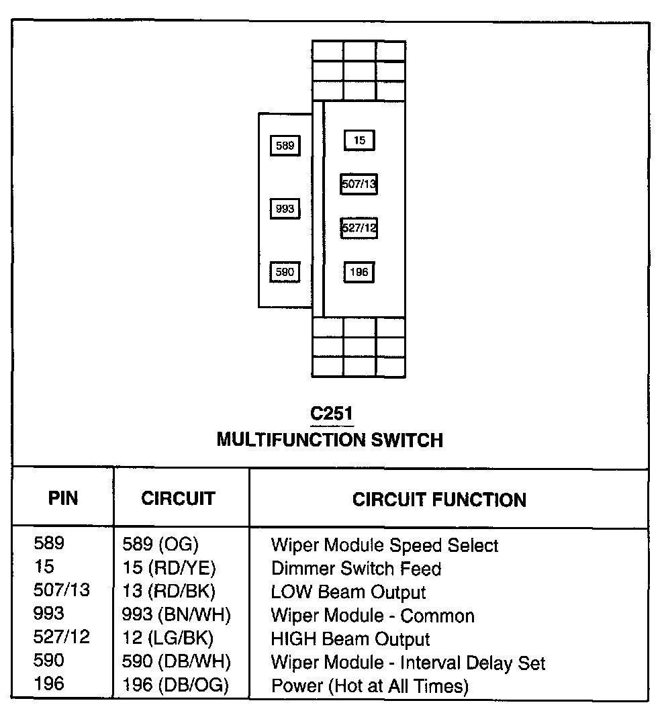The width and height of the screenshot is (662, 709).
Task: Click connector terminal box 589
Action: coord(285,146)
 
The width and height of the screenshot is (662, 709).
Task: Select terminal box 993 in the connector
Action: coord(285,209)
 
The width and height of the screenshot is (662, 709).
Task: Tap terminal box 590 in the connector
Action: coord(285,272)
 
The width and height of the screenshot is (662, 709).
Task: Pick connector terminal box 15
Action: coord(359,140)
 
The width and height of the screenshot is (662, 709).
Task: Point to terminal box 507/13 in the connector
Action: coord(359,183)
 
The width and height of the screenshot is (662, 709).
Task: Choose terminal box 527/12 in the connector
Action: coord(359,228)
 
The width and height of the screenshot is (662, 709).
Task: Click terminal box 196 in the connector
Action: coord(359,272)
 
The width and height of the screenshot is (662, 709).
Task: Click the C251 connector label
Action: coord(332,414)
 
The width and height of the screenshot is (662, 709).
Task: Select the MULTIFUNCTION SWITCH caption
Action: coord(330,440)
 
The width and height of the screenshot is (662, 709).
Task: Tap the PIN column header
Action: coord(63,498)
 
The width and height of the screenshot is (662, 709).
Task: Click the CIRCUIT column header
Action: coord(178,498)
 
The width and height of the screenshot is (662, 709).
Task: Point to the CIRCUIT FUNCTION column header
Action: coord(439,500)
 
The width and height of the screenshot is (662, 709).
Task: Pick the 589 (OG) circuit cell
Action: coord(160,545)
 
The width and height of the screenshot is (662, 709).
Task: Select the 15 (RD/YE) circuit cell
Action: coord(169,569)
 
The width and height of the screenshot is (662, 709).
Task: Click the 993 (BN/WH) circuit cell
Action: coord(176,616)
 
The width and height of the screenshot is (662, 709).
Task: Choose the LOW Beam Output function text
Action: coord(348,592)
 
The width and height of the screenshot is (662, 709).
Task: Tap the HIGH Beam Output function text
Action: coord(350,639)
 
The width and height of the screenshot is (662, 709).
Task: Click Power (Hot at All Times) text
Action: coord(369,686)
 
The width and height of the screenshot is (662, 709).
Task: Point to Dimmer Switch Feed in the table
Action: coord(356,569)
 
